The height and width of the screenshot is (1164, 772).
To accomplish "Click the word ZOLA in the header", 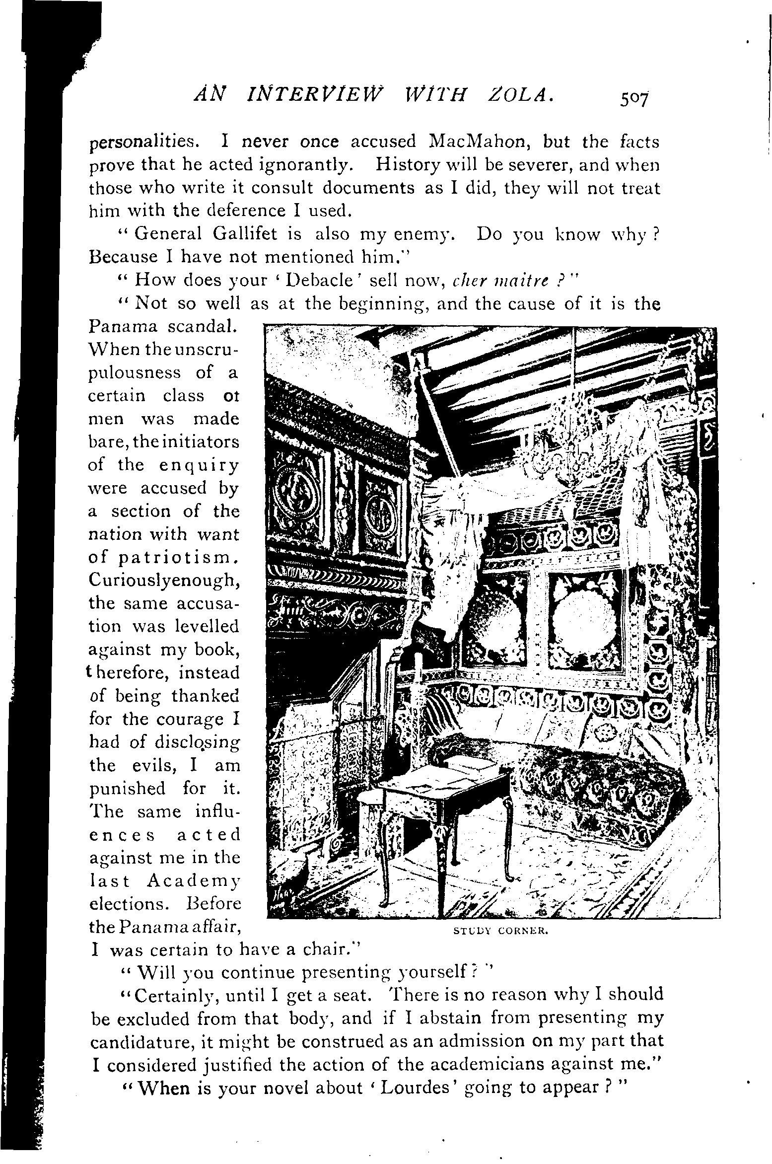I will point(513,94).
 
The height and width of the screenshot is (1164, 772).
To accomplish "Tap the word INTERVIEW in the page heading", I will point(294,94).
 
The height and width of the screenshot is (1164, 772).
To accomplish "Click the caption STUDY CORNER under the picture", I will point(500,932).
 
